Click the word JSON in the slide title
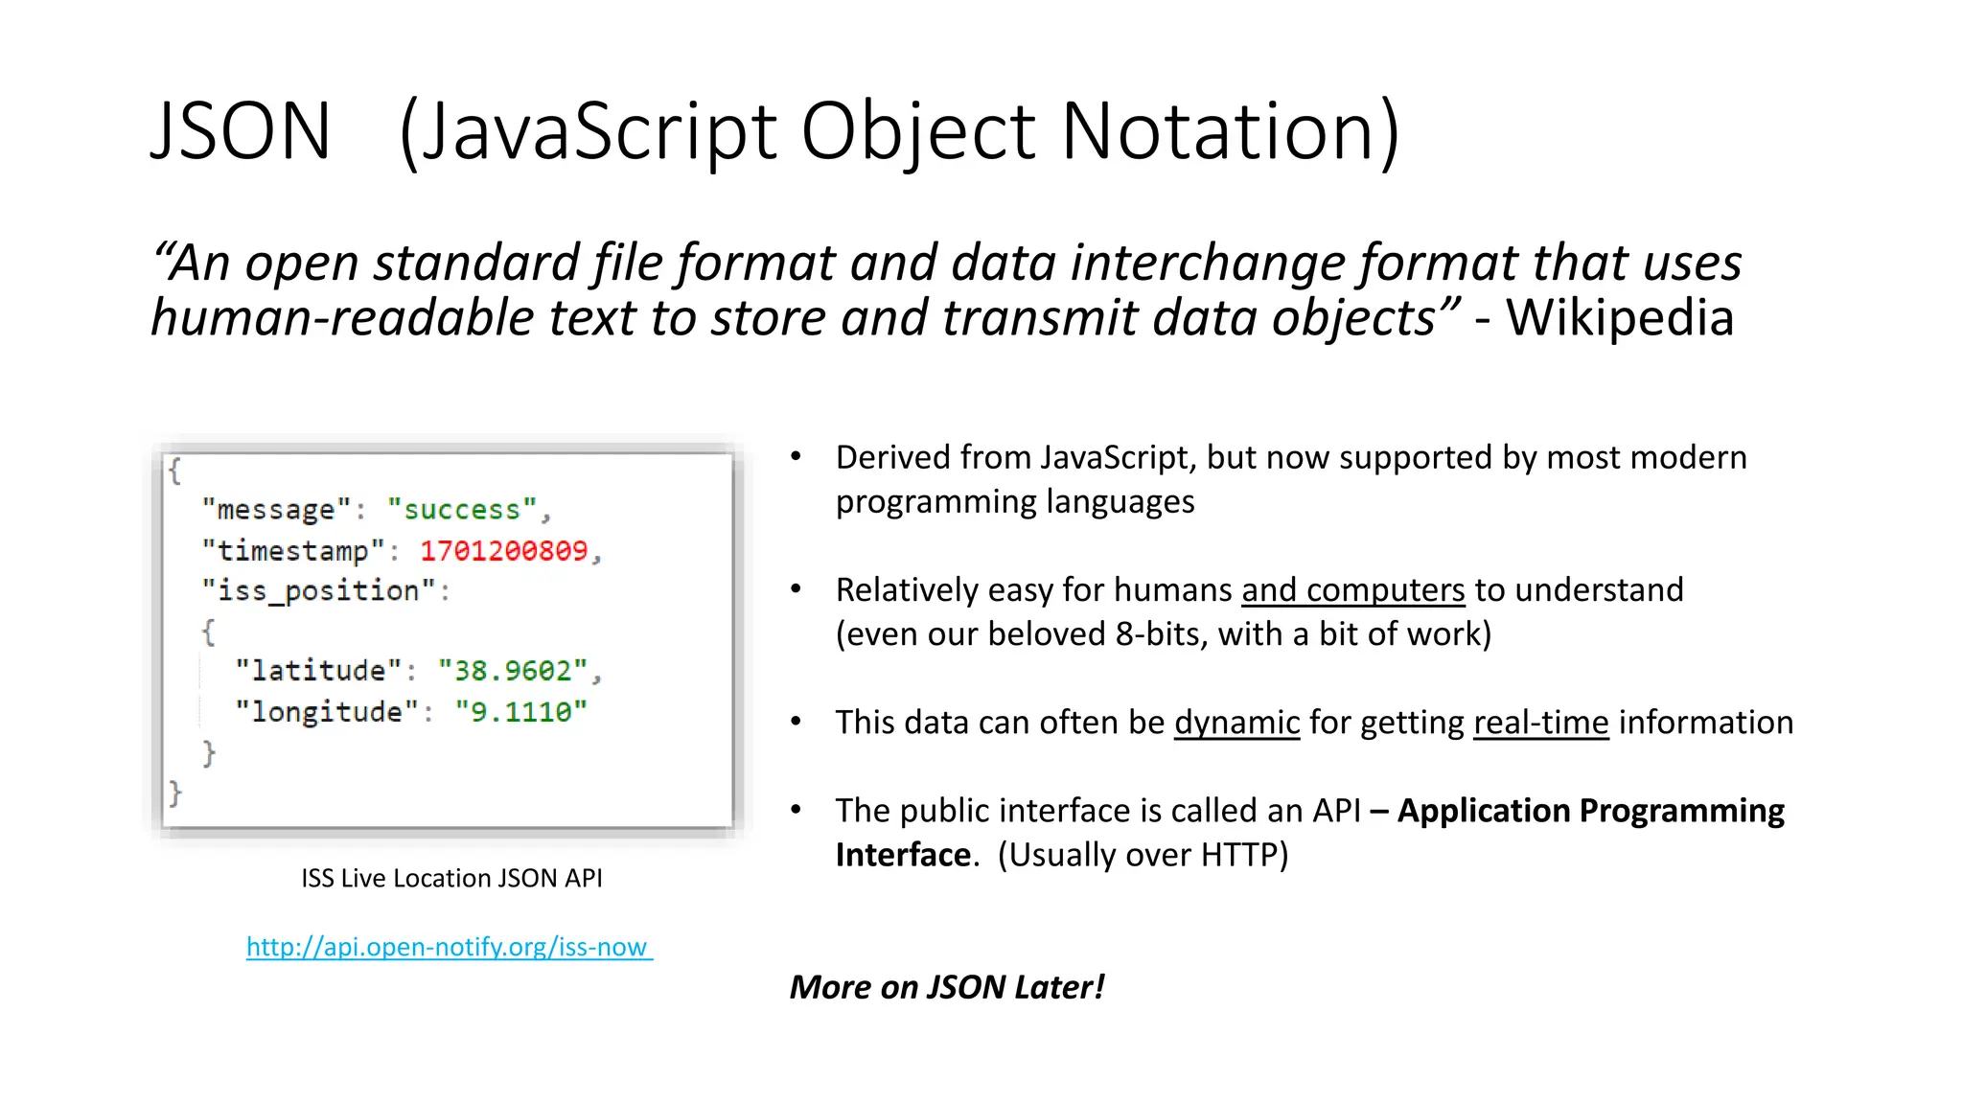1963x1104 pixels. [x=241, y=131]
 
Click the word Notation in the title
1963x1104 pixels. [x=1230, y=131]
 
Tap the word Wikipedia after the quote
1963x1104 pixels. [x=1620, y=318]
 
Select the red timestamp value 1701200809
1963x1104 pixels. [x=503, y=551]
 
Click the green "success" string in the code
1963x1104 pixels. [x=461, y=510]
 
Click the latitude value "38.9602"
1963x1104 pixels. [x=512, y=671]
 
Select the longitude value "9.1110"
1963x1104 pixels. [x=520, y=712]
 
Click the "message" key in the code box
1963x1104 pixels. [x=276, y=510]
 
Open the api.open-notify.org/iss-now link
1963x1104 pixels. [x=449, y=947]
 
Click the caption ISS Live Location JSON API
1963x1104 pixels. [x=451, y=878]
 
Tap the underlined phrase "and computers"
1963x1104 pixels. [x=1352, y=590]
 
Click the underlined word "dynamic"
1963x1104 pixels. [x=1236, y=723]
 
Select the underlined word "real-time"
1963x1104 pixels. [x=1540, y=723]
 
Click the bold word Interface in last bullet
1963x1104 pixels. [x=903, y=855]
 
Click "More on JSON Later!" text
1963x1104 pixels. [x=947, y=987]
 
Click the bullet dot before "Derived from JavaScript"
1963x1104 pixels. [x=796, y=457]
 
